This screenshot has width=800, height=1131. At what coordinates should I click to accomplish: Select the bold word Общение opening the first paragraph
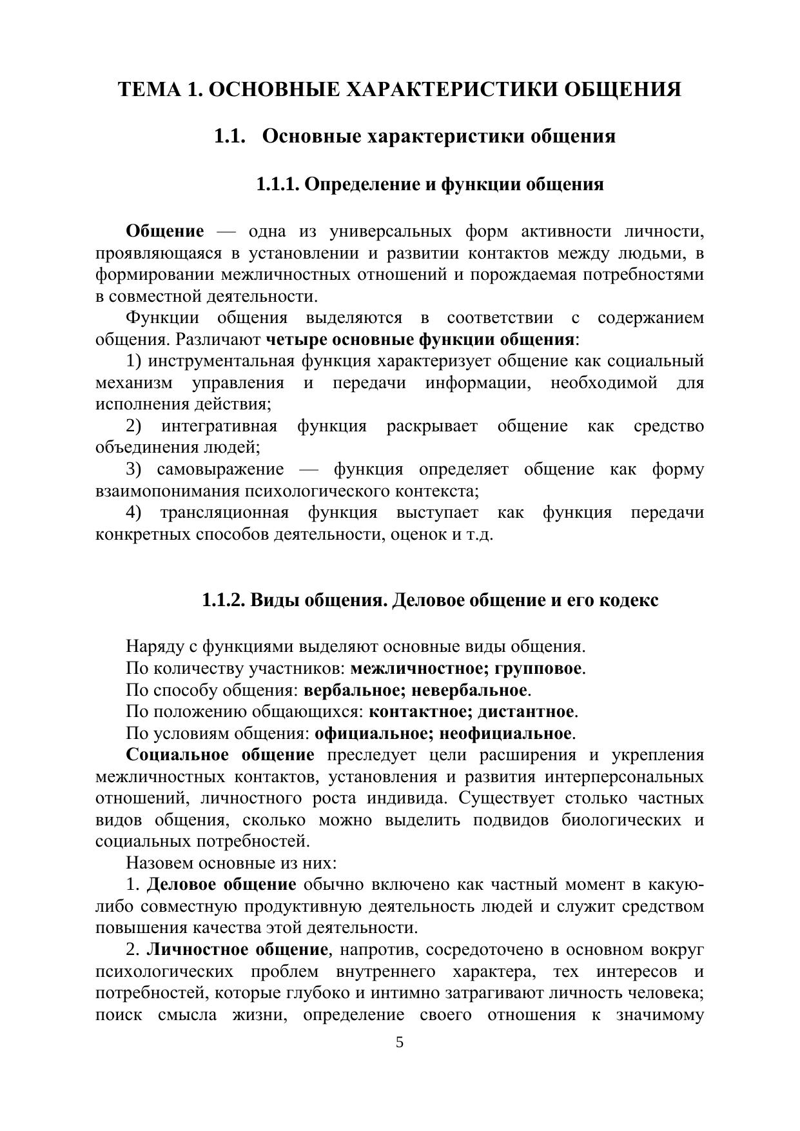coord(164,231)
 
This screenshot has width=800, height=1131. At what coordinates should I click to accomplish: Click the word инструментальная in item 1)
coord(221,360)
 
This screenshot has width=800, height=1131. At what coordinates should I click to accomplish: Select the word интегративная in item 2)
coord(219,426)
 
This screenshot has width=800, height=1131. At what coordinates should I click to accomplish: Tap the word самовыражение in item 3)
coord(220,469)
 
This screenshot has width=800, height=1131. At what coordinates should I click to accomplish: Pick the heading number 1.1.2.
coord(223,600)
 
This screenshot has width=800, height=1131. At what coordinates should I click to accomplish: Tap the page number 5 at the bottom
coord(400,1043)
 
